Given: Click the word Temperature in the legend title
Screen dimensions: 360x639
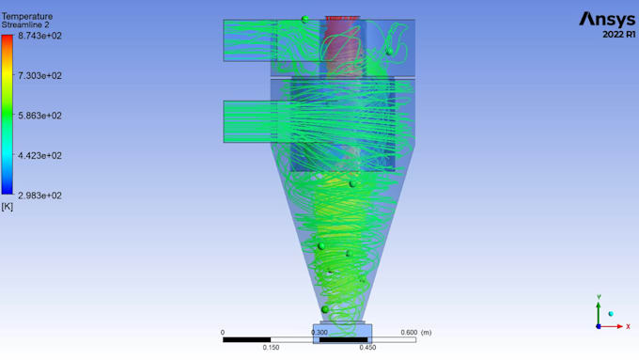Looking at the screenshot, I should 27,16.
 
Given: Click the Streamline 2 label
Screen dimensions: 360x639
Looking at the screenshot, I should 27,25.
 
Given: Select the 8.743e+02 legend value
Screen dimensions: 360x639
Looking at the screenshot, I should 40,35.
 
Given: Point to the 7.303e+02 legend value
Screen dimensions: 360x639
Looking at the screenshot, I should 40,75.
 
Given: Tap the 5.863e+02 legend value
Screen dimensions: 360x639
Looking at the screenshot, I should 40,116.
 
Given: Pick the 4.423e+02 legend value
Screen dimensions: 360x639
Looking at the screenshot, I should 40,156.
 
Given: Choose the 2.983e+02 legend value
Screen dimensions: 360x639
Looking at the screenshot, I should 40,196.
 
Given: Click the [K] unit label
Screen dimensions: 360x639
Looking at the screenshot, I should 8,206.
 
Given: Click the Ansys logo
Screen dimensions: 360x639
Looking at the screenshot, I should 607,19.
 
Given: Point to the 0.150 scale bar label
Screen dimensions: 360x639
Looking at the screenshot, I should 271,348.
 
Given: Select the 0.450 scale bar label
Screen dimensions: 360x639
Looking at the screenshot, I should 367,348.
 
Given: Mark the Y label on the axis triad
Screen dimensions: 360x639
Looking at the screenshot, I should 599,297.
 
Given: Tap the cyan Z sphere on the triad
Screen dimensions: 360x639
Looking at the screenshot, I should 611,314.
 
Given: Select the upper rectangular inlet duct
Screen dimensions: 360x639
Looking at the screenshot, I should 247,40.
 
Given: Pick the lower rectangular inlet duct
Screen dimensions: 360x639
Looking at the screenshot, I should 247,121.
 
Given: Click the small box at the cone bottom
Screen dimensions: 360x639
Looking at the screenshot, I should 342,333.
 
